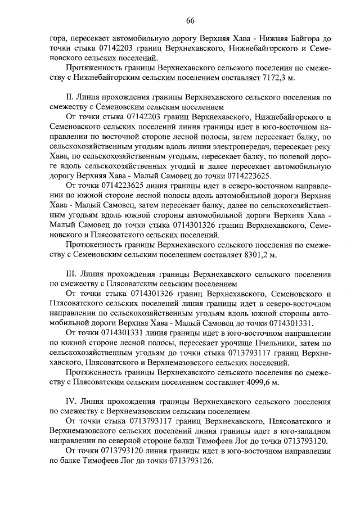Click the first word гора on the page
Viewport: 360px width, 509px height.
coord(58,39)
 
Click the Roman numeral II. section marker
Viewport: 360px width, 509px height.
coord(70,97)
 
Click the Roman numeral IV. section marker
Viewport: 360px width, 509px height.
coord(71,402)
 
